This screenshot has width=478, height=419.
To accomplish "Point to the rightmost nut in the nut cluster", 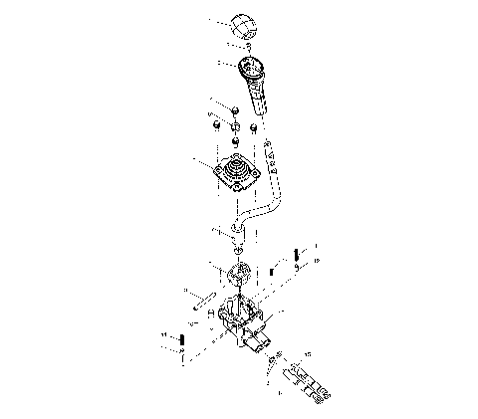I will tap(255, 127).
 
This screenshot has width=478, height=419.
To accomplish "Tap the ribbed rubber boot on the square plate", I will tap(237, 173).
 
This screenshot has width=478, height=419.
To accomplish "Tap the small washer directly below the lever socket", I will tap(235, 251).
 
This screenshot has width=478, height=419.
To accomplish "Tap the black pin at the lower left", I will tap(185, 343).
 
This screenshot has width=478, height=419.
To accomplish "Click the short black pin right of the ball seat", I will tap(270, 271).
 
